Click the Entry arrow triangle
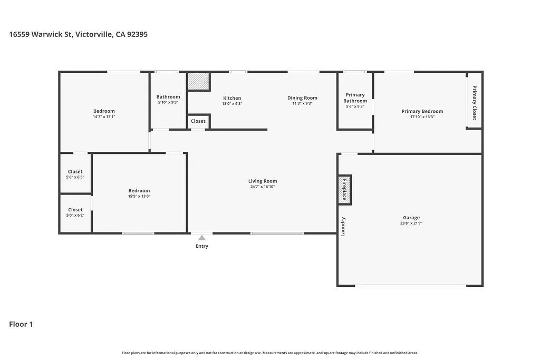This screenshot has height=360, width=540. [x=201, y=238]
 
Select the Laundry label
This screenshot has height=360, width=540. [x=343, y=227]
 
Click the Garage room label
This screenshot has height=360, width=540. [x=411, y=218]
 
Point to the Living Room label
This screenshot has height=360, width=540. [x=263, y=181]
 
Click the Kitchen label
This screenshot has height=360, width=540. [x=232, y=98]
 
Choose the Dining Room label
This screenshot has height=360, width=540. [x=302, y=98]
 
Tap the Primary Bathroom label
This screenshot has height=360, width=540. [x=355, y=98]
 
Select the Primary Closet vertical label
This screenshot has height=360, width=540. [x=474, y=103]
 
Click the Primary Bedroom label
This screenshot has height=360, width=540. [x=422, y=111]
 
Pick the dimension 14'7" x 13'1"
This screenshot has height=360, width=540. [x=104, y=116]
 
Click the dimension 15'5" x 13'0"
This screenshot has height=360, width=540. [x=139, y=196]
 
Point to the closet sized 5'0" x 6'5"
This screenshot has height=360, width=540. [x=75, y=174]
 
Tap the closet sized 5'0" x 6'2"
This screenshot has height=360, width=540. [x=75, y=212]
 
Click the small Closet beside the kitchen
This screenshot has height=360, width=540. [x=198, y=121]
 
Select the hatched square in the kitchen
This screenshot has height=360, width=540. [x=199, y=81]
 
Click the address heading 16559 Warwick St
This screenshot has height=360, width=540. [x=78, y=34]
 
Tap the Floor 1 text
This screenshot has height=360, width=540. [x=21, y=324]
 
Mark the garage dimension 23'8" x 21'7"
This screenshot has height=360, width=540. [x=411, y=223]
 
